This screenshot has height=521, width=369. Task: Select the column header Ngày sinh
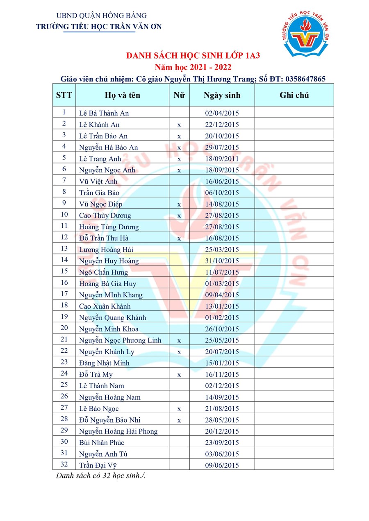click(x=222, y=95)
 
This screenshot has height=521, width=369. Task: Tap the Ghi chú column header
click(x=294, y=95)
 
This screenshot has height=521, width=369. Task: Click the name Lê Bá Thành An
click(x=104, y=113)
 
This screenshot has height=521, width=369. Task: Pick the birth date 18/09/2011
click(x=222, y=159)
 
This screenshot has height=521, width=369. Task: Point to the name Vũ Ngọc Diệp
click(x=100, y=204)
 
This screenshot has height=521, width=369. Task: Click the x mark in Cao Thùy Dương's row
click(x=179, y=215)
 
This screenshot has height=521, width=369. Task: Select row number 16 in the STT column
click(x=64, y=283)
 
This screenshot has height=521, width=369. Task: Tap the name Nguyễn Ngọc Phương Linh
click(x=120, y=340)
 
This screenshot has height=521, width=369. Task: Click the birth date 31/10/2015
click(x=222, y=261)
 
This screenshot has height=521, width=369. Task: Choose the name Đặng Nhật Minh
click(x=104, y=363)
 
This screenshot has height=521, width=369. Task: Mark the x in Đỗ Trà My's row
click(x=179, y=374)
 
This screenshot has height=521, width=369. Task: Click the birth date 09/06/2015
click(x=222, y=465)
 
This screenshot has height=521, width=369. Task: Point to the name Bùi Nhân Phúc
click(x=101, y=442)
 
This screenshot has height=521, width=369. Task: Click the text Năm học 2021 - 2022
click(x=193, y=67)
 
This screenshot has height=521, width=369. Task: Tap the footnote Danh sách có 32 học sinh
click(x=101, y=476)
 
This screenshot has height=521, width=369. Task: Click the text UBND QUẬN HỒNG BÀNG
click(x=101, y=16)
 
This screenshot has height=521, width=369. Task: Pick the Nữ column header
click(x=179, y=95)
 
